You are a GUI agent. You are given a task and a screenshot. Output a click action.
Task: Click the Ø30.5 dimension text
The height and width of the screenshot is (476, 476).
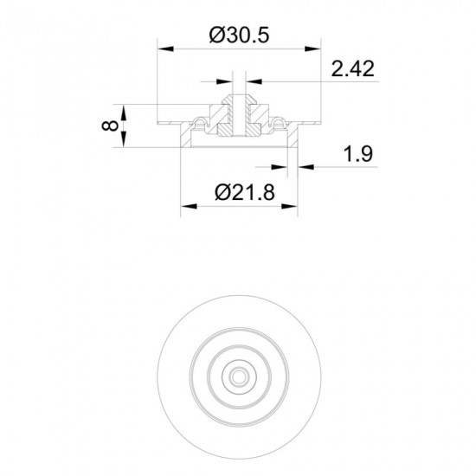click(239, 35)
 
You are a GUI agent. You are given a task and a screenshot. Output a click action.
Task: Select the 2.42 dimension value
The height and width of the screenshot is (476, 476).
click(352, 68)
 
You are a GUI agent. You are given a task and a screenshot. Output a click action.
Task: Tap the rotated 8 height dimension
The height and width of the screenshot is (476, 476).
click(110, 125)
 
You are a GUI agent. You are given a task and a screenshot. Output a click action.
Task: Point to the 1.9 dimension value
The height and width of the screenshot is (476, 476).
click(357, 154)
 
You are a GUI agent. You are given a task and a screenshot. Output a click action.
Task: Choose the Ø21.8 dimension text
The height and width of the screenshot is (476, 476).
click(245, 192)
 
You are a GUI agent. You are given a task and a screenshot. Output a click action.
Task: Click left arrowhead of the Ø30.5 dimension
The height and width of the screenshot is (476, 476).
click(166, 48)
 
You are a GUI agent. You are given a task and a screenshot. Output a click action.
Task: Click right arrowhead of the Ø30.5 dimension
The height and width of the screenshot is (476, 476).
click(312, 48)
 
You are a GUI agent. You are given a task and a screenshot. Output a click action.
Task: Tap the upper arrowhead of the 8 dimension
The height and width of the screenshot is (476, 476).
click(124, 113)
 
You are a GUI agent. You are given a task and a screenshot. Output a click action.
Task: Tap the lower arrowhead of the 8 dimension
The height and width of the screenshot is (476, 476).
click(124, 139)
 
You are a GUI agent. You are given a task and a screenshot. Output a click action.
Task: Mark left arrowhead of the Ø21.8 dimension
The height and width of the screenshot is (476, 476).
click(189, 207)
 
